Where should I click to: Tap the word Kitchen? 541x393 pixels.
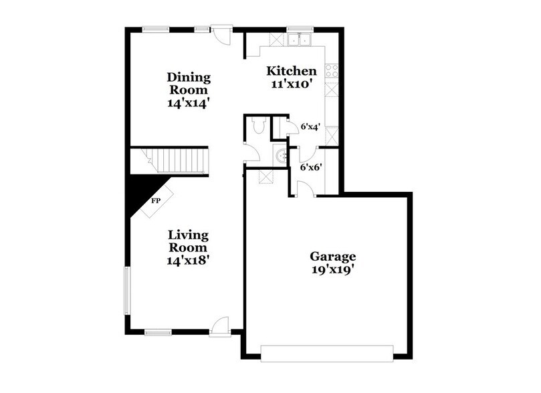tap(291, 71)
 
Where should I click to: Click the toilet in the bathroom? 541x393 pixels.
tap(259, 125)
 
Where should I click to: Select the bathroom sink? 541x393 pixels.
tap(280, 156)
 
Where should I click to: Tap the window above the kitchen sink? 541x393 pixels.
tap(296, 28)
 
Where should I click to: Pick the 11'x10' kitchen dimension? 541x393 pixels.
tap(291, 85)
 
